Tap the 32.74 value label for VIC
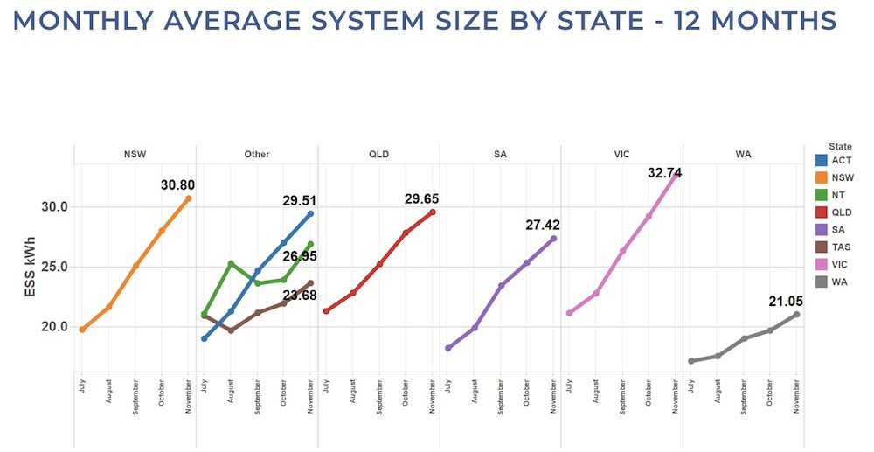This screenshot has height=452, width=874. click(x=664, y=173)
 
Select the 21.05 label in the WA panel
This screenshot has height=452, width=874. click(x=786, y=301)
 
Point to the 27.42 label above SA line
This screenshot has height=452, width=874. click(x=542, y=225)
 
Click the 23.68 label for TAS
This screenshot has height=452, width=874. click(x=300, y=296)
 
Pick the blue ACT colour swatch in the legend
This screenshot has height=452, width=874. click(x=820, y=160)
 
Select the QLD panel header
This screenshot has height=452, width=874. click(x=378, y=154)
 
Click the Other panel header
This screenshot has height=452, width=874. click(x=257, y=154)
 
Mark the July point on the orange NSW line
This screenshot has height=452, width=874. click(x=82, y=330)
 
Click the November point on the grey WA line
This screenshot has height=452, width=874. click(x=797, y=315)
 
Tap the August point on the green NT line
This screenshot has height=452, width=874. click(x=231, y=263)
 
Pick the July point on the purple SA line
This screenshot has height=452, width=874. click(x=448, y=348)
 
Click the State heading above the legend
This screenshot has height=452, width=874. click(x=840, y=146)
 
